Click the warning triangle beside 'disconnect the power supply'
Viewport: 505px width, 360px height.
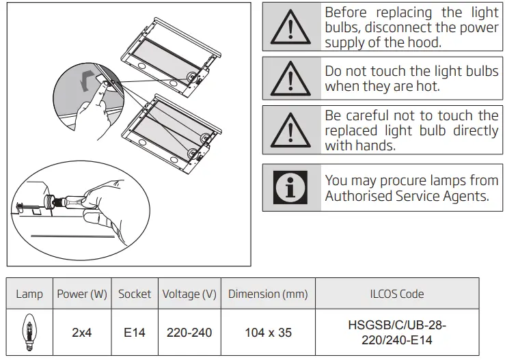click(292, 27)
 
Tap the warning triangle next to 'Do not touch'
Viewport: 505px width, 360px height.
click(292, 79)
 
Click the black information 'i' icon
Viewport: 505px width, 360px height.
click(292, 187)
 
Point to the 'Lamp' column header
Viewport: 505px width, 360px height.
click(29, 294)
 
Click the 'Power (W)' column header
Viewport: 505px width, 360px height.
click(82, 294)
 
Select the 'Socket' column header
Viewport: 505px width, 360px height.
click(135, 294)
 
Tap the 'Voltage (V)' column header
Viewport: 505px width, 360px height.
click(189, 294)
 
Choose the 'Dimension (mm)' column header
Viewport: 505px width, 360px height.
click(268, 294)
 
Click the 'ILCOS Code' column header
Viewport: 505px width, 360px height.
click(397, 294)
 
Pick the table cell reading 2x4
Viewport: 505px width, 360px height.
click(82, 333)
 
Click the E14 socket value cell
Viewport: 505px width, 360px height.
click(135, 333)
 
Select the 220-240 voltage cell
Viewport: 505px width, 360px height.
click(189, 333)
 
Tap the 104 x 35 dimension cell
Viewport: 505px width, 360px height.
click(268, 333)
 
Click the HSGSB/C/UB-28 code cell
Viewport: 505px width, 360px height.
click(397, 333)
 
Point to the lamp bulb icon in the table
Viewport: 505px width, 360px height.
click(29, 332)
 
